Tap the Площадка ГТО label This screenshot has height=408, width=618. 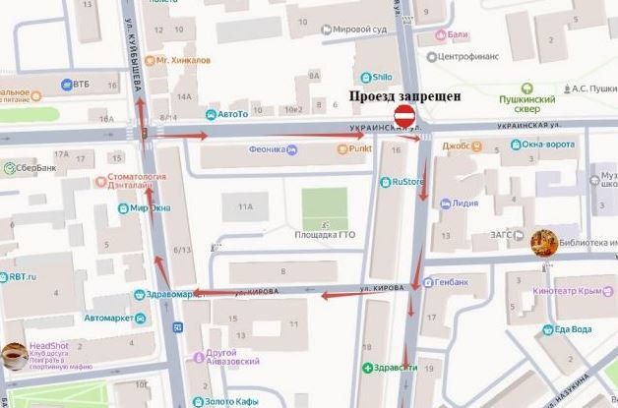click(325, 234)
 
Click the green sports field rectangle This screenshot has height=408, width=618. click(325, 207)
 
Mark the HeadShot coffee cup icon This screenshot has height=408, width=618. click(13, 355)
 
